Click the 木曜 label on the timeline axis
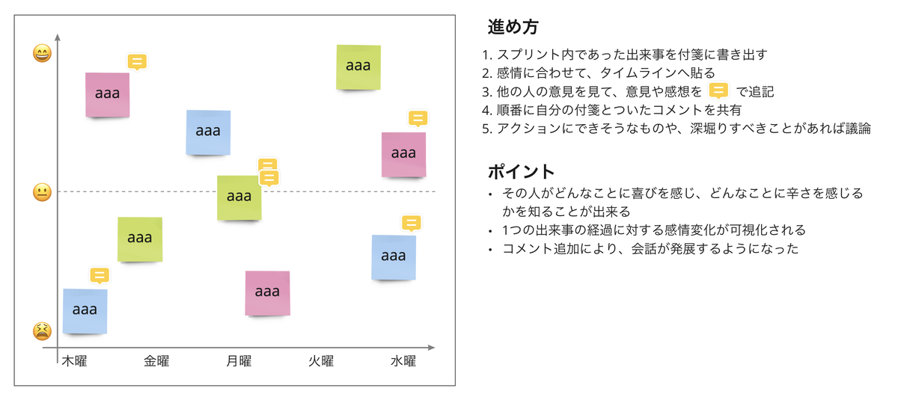(74, 362)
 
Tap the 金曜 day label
(156, 362)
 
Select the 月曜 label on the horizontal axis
(239, 362)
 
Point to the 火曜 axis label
(321, 362)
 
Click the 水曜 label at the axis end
(403, 362)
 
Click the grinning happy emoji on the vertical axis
(42, 53)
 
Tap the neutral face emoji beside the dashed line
(42, 192)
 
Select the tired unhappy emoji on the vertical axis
(42, 330)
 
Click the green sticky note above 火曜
(358, 67)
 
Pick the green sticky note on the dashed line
(239, 198)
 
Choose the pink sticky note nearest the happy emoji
(107, 95)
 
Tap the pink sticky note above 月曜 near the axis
(267, 293)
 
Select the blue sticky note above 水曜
(394, 257)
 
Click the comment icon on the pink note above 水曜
(418, 118)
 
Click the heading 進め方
(513, 28)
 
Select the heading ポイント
(522, 170)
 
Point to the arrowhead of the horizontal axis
(431, 348)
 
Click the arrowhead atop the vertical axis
(58, 37)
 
